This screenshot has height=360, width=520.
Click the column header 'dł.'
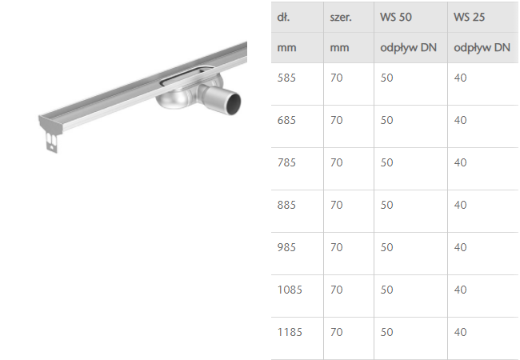pyautogui.click(x=283, y=17)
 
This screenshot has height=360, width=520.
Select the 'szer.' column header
pyautogui.click(x=341, y=18)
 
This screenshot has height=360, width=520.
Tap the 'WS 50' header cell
pyautogui.click(x=396, y=17)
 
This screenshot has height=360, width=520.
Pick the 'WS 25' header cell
pyautogui.click(x=470, y=17)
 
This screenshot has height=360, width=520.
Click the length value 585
pyautogui.click(x=286, y=78)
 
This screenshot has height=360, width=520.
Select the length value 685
pyautogui.click(x=286, y=120)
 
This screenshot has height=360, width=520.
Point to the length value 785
pyautogui.click(x=286, y=162)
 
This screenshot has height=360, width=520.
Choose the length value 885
pyautogui.click(x=286, y=205)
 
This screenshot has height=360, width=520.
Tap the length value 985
pyautogui.click(x=286, y=247)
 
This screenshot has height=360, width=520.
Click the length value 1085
pyautogui.click(x=290, y=290)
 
